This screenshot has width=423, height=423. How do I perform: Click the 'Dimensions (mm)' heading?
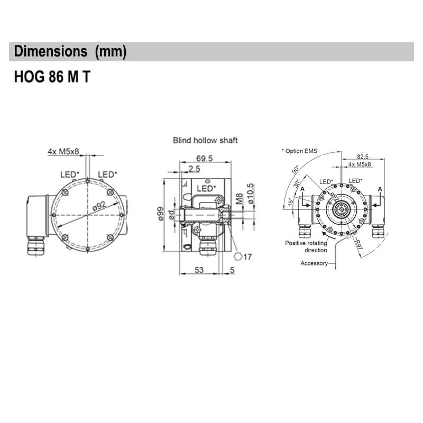click(70, 52)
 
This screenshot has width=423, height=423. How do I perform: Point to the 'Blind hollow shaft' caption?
click(205, 141)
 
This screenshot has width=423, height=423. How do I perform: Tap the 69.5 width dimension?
click(204, 159)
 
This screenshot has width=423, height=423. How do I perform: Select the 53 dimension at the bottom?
click(198, 270)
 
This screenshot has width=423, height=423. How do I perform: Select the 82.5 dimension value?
click(362, 157)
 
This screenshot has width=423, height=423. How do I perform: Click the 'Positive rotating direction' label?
click(306, 246)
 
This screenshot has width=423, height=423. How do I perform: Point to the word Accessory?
click(314, 263)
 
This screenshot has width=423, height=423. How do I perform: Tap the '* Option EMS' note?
click(299, 151)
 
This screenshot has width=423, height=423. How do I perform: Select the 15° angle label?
click(290, 202)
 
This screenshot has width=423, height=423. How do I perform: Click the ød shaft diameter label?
click(171, 216)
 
